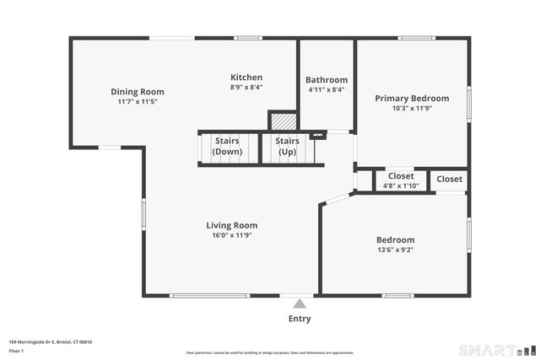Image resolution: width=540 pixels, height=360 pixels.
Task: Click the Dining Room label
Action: [138, 92]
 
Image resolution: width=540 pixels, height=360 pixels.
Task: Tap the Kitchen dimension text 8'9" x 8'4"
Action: [246, 87]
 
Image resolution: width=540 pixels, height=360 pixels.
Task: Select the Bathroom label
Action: [327, 80]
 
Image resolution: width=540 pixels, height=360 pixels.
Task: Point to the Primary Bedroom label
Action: [412, 98]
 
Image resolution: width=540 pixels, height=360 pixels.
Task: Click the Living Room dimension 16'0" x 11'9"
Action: [232, 235]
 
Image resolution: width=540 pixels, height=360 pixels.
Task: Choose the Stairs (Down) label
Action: [227, 146]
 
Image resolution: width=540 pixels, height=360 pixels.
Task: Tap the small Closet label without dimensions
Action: [450, 179]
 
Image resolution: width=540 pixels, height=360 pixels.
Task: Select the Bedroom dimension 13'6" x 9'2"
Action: [395, 250]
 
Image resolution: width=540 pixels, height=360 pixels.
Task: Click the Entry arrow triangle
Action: [300, 304]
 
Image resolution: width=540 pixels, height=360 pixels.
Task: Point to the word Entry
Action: [300, 319]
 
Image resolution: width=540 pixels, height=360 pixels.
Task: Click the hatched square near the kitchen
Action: [283, 121]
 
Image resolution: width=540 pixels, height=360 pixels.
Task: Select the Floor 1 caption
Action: [17, 350]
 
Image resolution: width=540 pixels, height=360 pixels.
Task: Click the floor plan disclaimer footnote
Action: [270, 352]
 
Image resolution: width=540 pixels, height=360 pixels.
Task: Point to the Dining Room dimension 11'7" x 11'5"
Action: [138, 101]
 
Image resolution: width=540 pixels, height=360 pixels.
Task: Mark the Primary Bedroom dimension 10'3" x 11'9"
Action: [412, 108]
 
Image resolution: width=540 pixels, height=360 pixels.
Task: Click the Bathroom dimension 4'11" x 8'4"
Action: [327, 89]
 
